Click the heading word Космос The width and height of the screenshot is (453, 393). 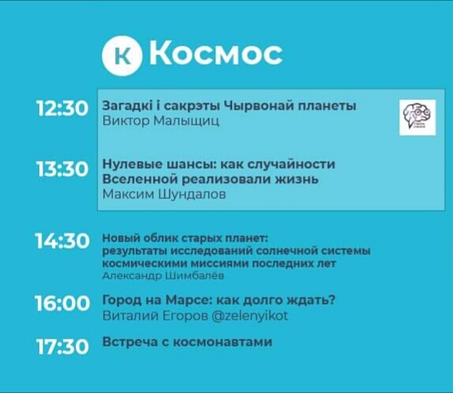215,54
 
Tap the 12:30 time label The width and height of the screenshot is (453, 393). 62,109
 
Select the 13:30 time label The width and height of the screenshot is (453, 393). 62,169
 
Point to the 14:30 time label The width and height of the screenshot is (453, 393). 62,241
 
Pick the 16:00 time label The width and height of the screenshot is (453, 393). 62,303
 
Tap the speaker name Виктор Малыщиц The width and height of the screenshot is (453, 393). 161,122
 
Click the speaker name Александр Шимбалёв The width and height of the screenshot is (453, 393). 163,276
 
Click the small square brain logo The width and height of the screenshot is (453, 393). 417,117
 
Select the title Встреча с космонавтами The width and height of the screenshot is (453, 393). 187,342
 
